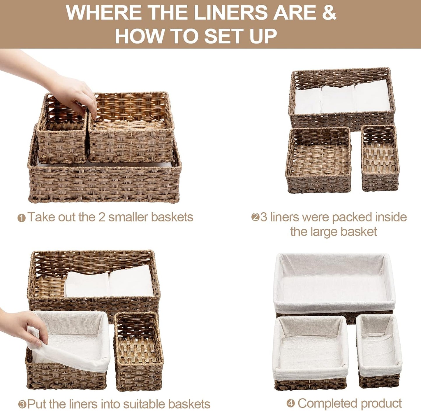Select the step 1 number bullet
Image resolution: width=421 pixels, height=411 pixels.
(x=21, y=218)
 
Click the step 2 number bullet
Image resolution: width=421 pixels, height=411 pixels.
(x=255, y=217)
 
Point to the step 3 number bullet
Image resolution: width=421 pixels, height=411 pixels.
(x=22, y=405)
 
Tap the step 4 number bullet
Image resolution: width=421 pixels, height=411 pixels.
(x=290, y=404)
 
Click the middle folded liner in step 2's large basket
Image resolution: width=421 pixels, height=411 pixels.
(x=338, y=99)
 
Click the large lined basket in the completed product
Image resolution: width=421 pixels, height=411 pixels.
(x=334, y=284)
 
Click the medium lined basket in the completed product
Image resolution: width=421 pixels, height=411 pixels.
(x=310, y=353)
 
